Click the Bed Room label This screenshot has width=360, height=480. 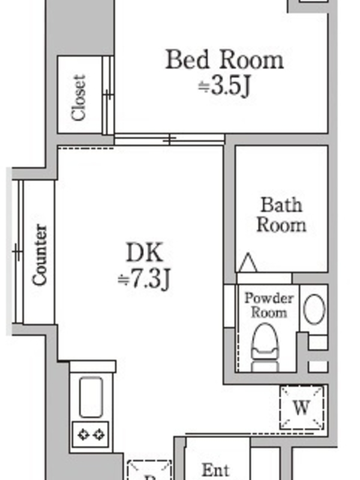coord(224,59)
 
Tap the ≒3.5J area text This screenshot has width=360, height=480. coord(224,86)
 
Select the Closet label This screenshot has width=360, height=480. coord(79,98)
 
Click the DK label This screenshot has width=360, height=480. coord(145,252)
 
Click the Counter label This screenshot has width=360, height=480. coord(40,254)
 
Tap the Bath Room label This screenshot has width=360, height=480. coord(281,215)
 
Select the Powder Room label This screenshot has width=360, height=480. coord(269,305)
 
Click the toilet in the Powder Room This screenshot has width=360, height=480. coord(265,348)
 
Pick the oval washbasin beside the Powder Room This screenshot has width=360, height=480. coord(314,309)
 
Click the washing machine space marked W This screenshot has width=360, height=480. coord(302,407)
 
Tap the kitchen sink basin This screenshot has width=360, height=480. coord(91,397)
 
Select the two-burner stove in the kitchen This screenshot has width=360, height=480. coord(91,434)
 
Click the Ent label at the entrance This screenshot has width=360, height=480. coord(216,470)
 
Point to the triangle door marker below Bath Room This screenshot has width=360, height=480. coord(247,263)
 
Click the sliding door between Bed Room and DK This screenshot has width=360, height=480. coord(170,140)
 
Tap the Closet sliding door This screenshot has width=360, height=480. coord(108,95)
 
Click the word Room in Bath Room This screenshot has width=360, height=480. coord(281,225)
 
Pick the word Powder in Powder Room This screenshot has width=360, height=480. coord(269,298)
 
